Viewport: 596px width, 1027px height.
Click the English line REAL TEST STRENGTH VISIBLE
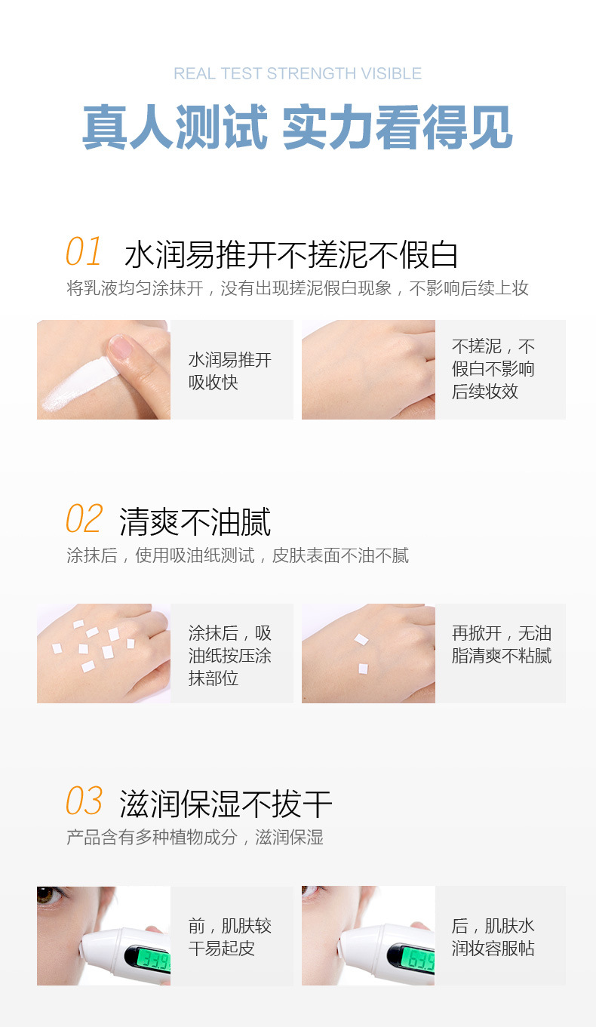tap(297, 73)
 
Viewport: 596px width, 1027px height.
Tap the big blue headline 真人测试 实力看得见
tap(297, 127)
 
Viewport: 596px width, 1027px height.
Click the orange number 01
tap(84, 251)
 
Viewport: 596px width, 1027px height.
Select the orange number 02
tap(84, 518)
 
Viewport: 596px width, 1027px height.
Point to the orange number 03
tap(84, 801)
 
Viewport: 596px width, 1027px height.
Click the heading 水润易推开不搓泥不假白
tap(291, 254)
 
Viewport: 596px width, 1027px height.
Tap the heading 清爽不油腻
tap(195, 521)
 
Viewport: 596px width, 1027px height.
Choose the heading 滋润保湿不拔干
tap(226, 804)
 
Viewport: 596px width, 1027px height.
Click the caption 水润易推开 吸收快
tap(229, 371)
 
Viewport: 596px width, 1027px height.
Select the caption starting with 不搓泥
tap(493, 369)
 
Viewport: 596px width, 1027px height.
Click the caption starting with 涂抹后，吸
tap(229, 656)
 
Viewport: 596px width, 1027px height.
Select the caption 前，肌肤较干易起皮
tap(229, 937)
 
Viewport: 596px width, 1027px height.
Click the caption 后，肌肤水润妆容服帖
tap(493, 937)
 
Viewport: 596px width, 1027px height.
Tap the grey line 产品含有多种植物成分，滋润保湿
tap(195, 837)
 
